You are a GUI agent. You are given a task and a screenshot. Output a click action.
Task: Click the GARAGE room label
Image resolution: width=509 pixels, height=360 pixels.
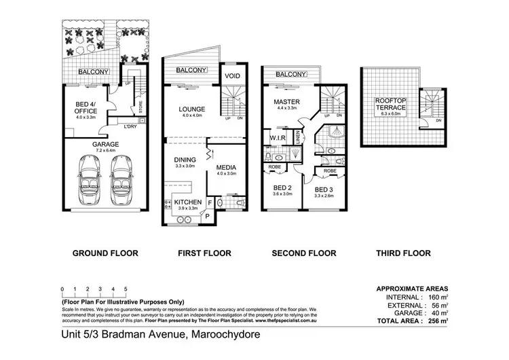coord(106,144)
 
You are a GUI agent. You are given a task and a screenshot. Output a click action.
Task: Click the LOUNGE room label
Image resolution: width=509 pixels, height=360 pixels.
coord(191,109)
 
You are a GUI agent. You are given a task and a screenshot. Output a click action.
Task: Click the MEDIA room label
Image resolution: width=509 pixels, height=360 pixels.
coord(227,166)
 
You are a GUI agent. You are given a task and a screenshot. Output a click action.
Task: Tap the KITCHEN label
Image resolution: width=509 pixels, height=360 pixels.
coord(187,202)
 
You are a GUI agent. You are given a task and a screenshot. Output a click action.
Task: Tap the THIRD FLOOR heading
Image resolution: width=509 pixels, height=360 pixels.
coord(403,253)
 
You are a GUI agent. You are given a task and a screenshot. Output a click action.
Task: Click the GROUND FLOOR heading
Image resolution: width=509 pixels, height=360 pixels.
coord(105,253)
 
